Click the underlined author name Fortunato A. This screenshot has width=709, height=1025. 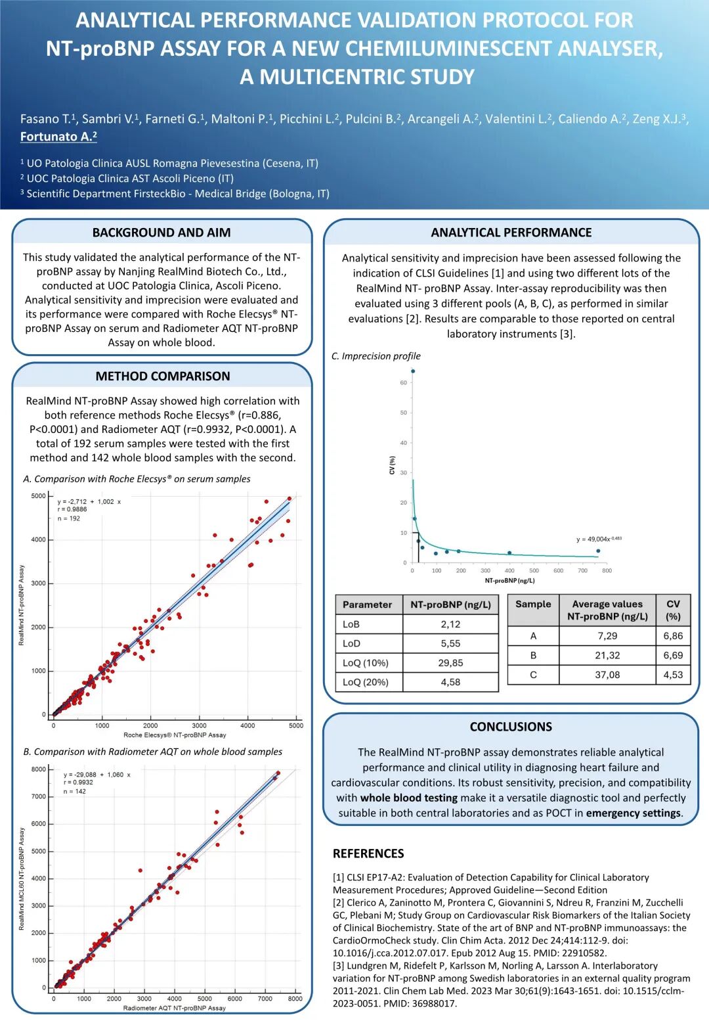[58, 137]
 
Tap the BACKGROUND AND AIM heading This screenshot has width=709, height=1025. [161, 233]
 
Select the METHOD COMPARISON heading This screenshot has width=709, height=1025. [163, 376]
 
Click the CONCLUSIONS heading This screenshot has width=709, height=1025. [511, 727]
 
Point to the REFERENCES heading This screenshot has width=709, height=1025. [368, 854]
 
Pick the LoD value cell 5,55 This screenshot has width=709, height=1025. [450, 644]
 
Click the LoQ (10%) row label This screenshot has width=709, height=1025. [365, 663]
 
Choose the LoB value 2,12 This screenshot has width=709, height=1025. [450, 624]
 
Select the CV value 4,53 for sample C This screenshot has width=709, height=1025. [673, 675]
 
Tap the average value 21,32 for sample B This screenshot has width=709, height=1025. [607, 656]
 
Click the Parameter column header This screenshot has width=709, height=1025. [367, 604]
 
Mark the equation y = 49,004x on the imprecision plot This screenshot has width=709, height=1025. [598, 539]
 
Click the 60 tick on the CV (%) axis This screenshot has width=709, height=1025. [403, 382]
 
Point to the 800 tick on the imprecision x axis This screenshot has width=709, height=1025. [607, 571]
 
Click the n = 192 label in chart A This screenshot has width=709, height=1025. [69, 518]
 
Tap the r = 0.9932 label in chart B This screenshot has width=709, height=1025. [78, 783]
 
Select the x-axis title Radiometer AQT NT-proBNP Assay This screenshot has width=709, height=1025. [174, 1008]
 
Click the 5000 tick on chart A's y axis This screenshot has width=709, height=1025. [39, 496]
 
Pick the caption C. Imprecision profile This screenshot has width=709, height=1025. [376, 356]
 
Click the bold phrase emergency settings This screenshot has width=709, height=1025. [634, 813]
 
